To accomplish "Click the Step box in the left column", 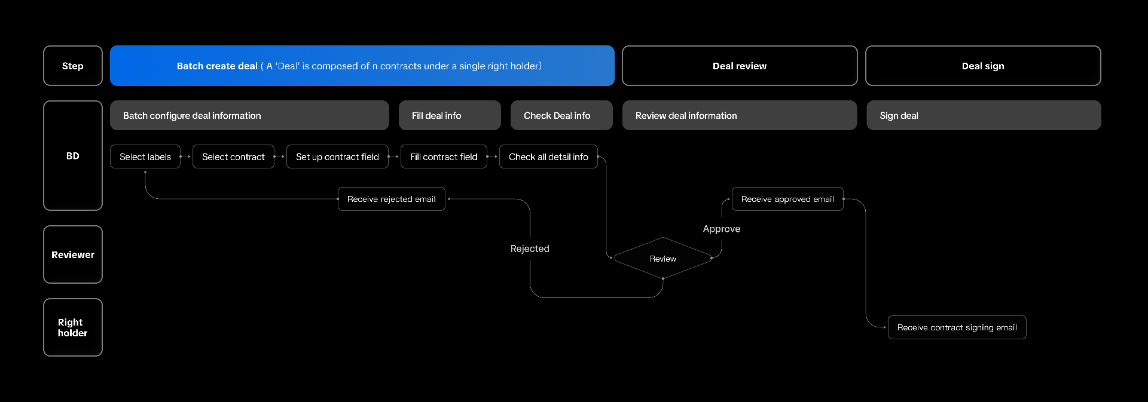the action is (73, 66).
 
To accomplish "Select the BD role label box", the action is (73, 155).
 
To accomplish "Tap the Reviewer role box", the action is (73, 254).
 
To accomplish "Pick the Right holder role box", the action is (73, 327).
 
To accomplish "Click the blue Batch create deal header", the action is (362, 66).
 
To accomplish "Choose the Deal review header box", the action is (740, 66).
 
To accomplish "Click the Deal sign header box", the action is (983, 66).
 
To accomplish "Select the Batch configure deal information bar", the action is (249, 115).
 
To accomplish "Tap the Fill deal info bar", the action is (450, 115).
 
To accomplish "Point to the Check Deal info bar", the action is (561, 115).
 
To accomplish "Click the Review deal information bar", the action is (740, 115).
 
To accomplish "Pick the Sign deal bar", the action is (984, 115).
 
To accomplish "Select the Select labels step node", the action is (145, 156).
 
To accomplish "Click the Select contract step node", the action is (233, 156).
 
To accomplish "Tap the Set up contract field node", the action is (337, 156).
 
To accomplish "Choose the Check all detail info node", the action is (548, 156).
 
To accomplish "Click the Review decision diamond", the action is (663, 259).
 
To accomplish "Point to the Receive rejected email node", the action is (392, 199).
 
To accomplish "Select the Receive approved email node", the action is (787, 199).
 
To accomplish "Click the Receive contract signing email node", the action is (957, 327).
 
